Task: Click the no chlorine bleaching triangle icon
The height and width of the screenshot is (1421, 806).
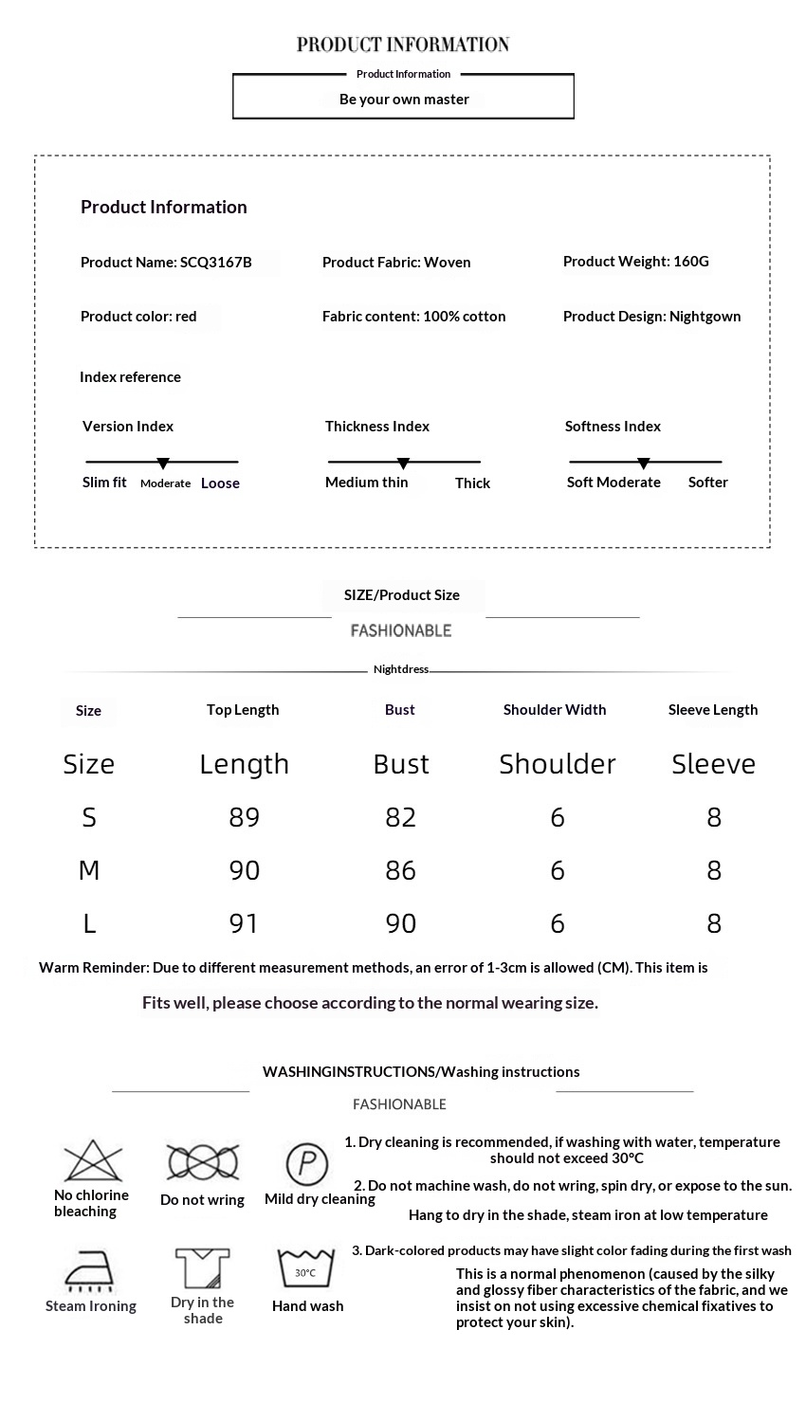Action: pyautogui.click(x=93, y=1160)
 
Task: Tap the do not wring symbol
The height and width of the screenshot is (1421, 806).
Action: pyautogui.click(x=202, y=1161)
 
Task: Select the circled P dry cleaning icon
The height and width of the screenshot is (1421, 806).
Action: pyautogui.click(x=306, y=1162)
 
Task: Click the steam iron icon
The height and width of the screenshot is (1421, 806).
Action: pyautogui.click(x=89, y=1270)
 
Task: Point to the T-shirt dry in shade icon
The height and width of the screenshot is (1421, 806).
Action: pyautogui.click(x=202, y=1268)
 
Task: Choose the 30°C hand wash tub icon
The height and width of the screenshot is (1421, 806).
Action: pyautogui.click(x=305, y=1268)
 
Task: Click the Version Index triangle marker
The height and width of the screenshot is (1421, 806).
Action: pyautogui.click(x=163, y=464)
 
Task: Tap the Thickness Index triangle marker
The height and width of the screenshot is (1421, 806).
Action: pyautogui.click(x=403, y=464)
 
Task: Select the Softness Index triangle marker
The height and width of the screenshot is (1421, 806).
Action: pyautogui.click(x=643, y=464)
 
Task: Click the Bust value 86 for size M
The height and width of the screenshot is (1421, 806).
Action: pyautogui.click(x=400, y=870)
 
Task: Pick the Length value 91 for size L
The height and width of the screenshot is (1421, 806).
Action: pyautogui.click(x=244, y=923)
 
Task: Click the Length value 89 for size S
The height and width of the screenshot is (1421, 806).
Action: pyautogui.click(x=244, y=817)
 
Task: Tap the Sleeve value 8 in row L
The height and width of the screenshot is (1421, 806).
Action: pyautogui.click(x=714, y=923)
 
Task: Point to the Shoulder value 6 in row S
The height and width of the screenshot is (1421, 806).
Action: pyautogui.click(x=558, y=817)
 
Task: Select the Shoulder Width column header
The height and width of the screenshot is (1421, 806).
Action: pyautogui.click(x=555, y=710)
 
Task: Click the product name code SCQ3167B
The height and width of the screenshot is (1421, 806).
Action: pyautogui.click(x=216, y=263)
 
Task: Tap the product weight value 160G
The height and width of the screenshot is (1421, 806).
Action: pyautogui.click(x=691, y=262)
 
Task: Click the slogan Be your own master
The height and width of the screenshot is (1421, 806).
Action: pyautogui.click(x=404, y=100)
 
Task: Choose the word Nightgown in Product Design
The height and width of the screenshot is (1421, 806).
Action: pyautogui.click(x=705, y=317)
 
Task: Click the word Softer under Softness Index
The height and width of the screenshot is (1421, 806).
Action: pyautogui.click(x=707, y=483)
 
